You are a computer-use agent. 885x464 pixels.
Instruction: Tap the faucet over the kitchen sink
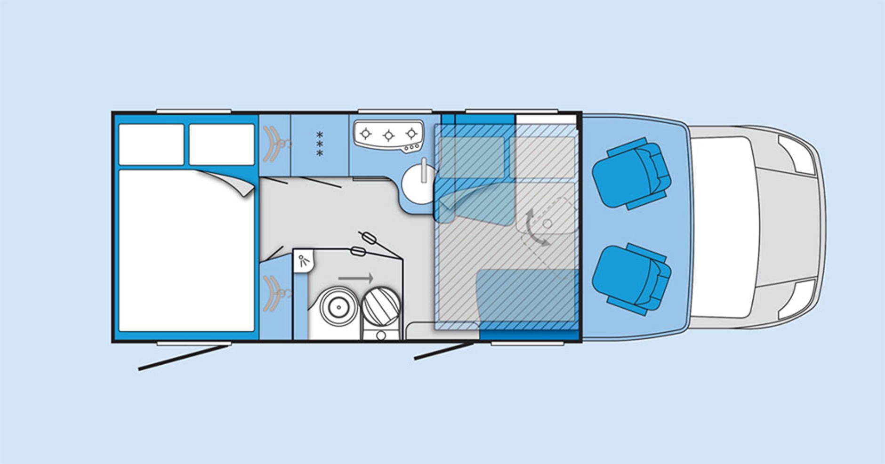click(x=424, y=170)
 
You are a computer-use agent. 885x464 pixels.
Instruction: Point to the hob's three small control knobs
click(x=412, y=148)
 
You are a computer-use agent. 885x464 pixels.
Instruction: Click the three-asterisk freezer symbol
click(x=320, y=144)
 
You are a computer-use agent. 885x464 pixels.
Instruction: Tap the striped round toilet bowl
click(x=381, y=306)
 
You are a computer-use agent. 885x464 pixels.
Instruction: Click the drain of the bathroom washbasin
click(x=338, y=308)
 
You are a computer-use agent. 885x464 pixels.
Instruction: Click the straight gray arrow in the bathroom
click(x=355, y=278)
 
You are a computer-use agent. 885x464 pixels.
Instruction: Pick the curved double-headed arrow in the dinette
click(x=535, y=228)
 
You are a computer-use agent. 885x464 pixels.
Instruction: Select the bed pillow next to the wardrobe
click(x=221, y=144)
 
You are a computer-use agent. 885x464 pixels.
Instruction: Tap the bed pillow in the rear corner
click(x=151, y=144)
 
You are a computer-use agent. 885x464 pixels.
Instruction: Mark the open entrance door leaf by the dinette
click(x=443, y=351)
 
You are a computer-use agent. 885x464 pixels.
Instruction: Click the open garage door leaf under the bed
click(x=184, y=358)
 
